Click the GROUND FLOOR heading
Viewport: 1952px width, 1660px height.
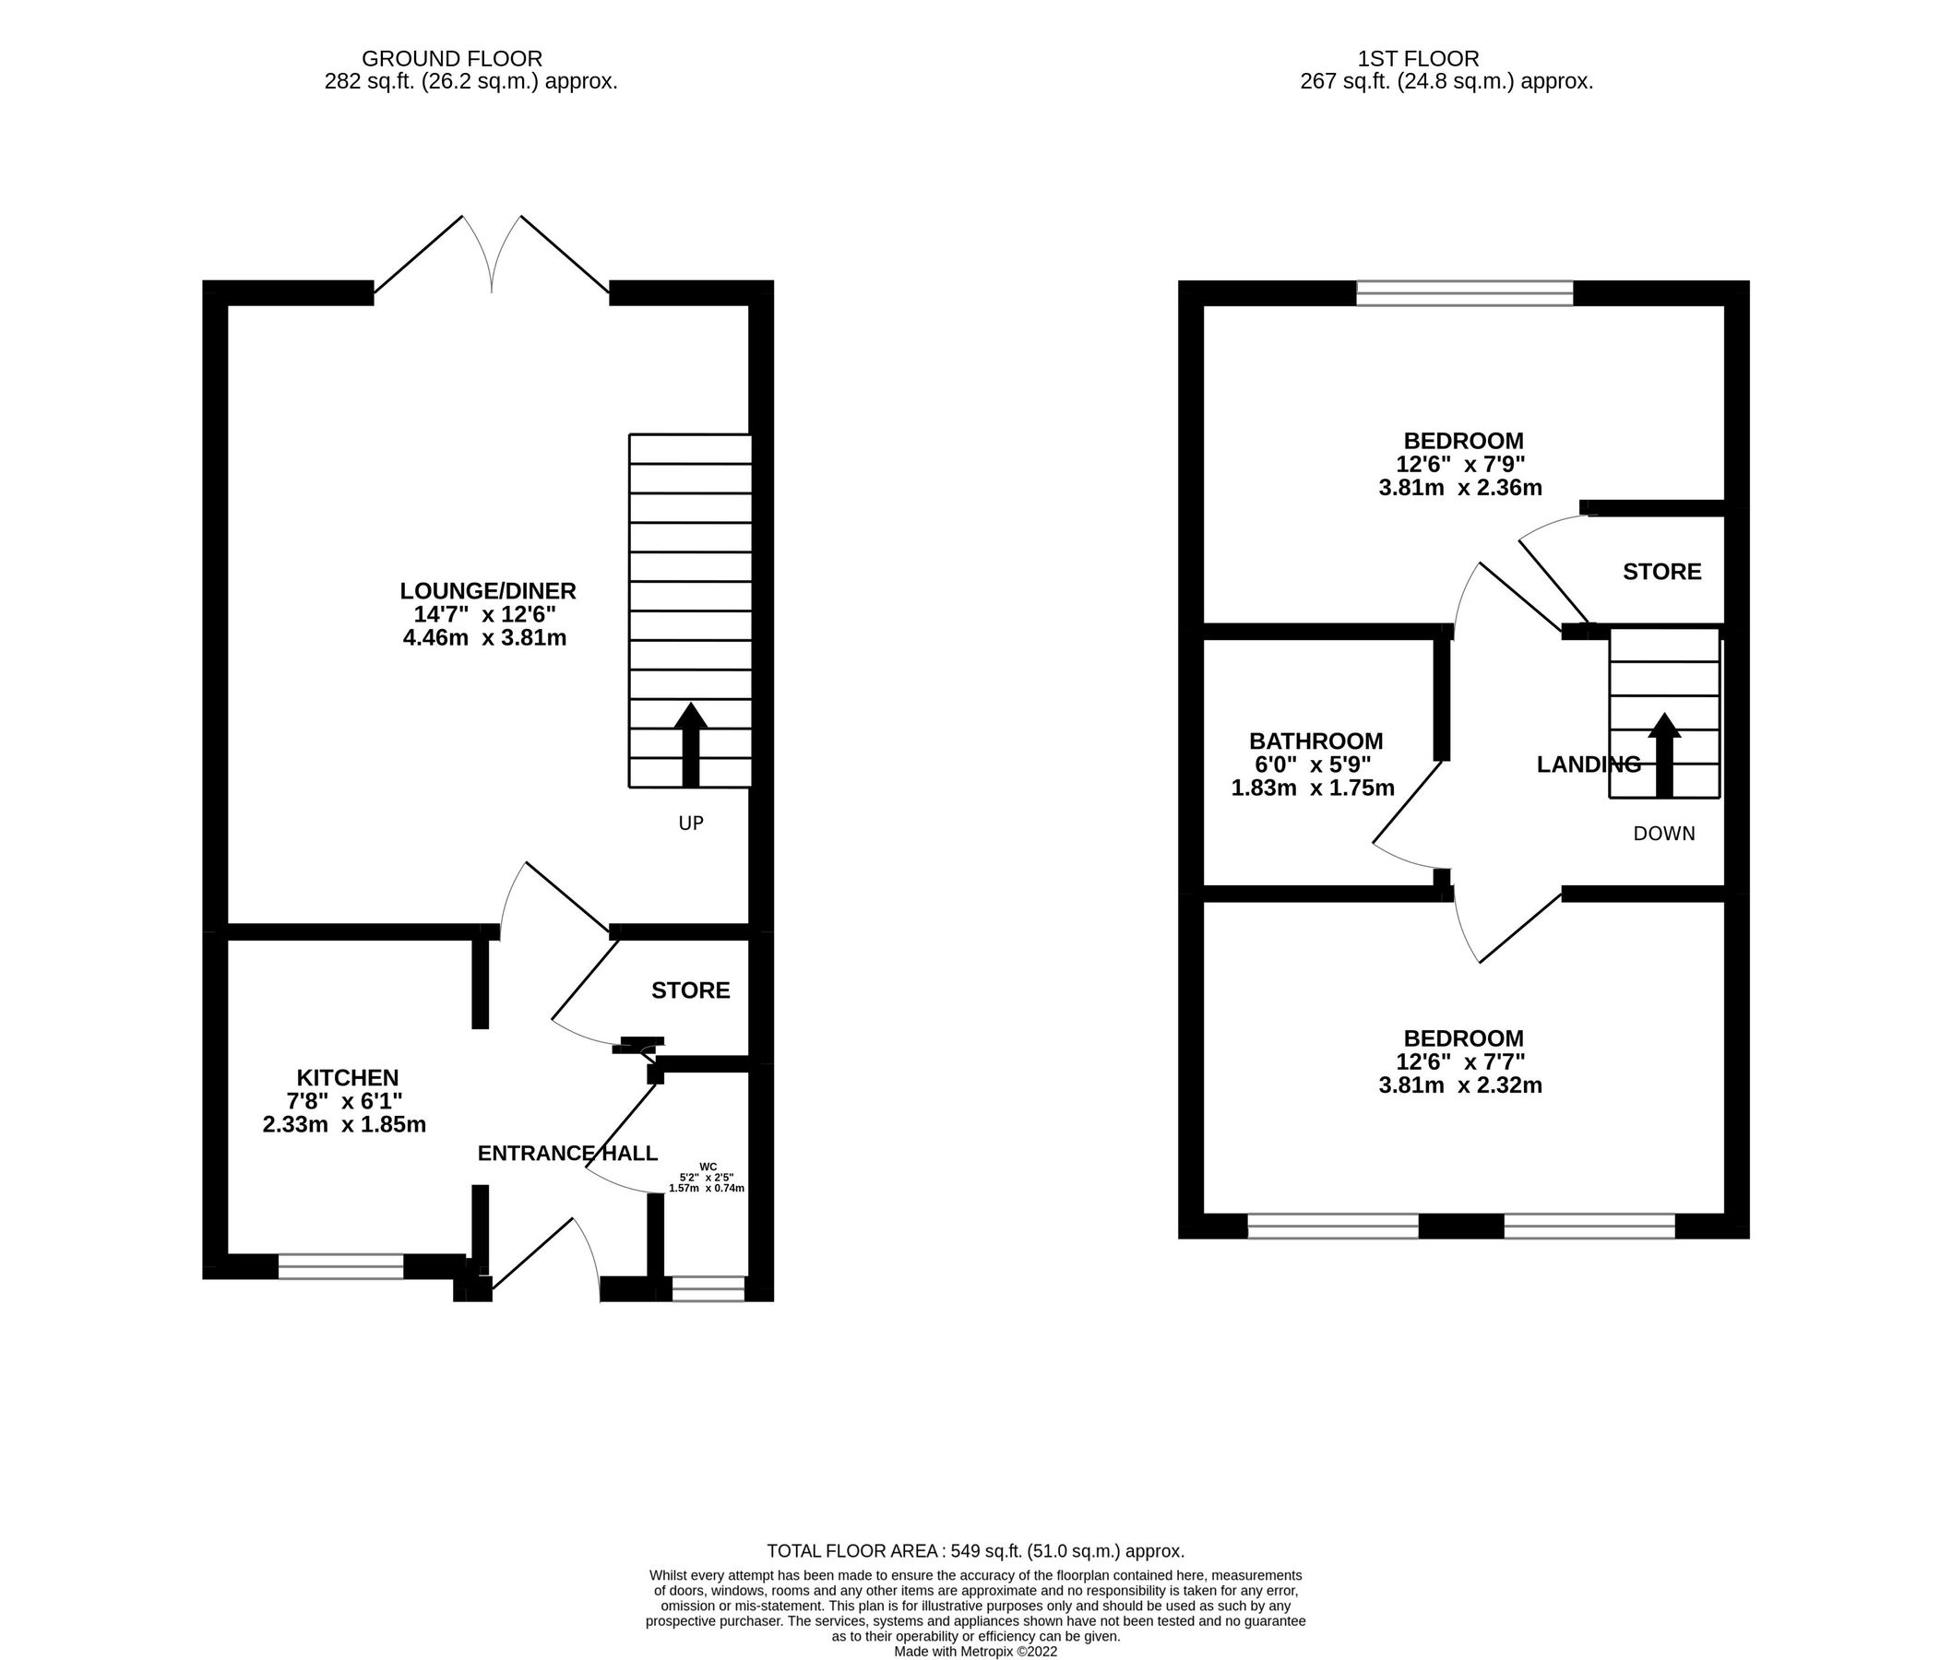click(452, 59)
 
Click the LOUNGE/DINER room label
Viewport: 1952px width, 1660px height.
click(487, 591)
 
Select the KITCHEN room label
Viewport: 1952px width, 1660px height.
click(347, 1077)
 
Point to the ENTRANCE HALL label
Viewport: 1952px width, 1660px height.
click(566, 1154)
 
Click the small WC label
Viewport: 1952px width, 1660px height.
click(708, 1167)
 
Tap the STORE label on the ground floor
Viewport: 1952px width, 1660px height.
click(690, 990)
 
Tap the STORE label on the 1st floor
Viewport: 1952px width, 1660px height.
click(1661, 571)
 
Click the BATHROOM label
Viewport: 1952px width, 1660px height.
click(1315, 741)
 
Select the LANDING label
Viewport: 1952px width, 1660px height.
click(1588, 765)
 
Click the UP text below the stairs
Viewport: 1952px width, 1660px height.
click(690, 824)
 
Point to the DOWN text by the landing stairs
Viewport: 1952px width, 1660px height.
click(1663, 833)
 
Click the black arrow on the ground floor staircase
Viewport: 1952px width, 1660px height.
click(690, 743)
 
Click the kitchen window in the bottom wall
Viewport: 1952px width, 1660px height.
click(340, 1265)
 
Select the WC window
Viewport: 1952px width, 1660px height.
click(708, 1288)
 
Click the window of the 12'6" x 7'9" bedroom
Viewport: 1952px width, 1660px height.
click(1463, 293)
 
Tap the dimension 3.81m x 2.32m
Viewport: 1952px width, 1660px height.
click(1459, 1085)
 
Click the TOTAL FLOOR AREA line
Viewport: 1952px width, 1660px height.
click(975, 1551)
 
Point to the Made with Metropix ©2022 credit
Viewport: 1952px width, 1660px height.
click(975, 1652)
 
